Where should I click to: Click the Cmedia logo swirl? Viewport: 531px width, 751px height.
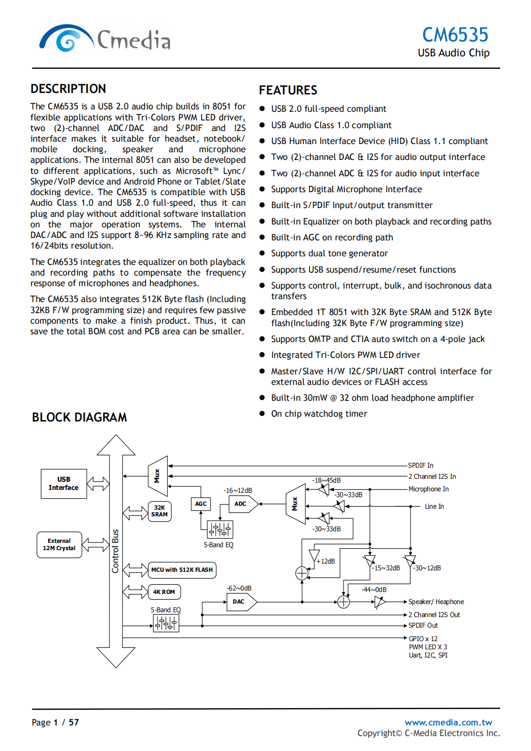(x=66, y=40)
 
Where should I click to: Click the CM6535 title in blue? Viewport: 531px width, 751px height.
(x=455, y=35)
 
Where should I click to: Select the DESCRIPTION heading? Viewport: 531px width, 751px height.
(x=68, y=89)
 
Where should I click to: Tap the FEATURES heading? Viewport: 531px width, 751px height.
(x=288, y=91)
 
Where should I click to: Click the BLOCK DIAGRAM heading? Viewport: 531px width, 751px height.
(x=80, y=417)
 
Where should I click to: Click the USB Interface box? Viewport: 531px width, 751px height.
(x=64, y=484)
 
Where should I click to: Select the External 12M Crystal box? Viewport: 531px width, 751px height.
(x=59, y=545)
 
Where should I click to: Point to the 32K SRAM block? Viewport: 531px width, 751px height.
(x=159, y=511)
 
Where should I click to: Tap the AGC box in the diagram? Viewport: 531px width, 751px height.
(x=201, y=504)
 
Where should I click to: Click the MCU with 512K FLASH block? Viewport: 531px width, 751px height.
(x=182, y=570)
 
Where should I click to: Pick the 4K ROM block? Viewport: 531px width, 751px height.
(x=164, y=592)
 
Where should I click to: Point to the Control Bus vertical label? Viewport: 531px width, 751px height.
(x=115, y=551)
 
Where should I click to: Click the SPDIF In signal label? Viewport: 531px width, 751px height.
(x=421, y=465)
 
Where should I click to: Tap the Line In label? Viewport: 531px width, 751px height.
(x=434, y=506)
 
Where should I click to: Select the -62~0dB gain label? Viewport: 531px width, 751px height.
(x=239, y=588)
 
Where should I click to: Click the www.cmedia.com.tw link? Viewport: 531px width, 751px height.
(x=448, y=722)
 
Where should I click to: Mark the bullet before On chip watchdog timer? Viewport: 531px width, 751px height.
(x=262, y=414)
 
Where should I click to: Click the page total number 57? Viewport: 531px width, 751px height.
(x=74, y=722)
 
